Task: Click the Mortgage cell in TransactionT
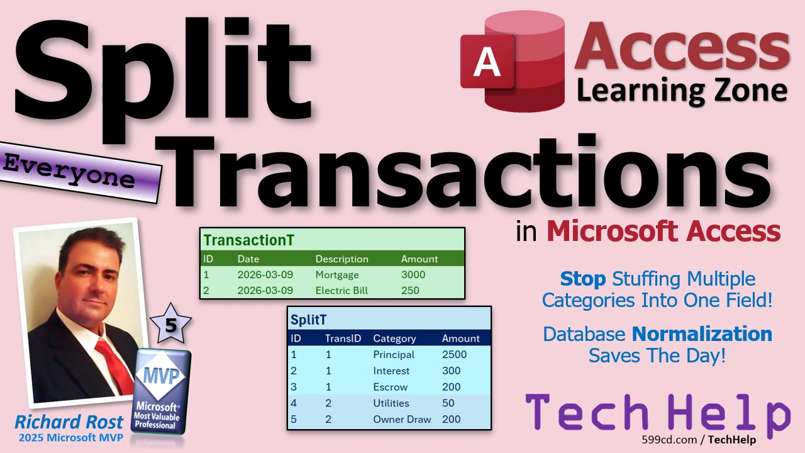pos(337,275)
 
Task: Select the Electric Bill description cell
pos(341,291)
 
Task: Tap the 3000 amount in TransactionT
pos(413,275)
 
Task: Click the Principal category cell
pos(394,354)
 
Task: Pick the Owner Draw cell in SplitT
pos(402,419)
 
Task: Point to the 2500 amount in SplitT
pos(454,354)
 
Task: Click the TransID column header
pos(343,338)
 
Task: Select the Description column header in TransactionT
pos(341,259)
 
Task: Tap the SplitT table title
pos(308,320)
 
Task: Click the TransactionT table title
pos(248,240)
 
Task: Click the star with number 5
pos(170,324)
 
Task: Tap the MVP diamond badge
pos(161,376)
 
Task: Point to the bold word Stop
pos(582,279)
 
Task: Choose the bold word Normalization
pos(702,334)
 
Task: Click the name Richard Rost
pos(69,422)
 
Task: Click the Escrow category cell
pos(391,387)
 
